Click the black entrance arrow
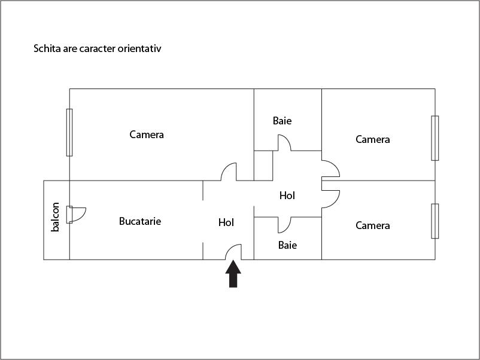click(x=233, y=276)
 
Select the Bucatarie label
click(x=140, y=221)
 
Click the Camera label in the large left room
click(x=147, y=135)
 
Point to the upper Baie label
click(x=282, y=121)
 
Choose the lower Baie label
click(x=287, y=245)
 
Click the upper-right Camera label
click(x=372, y=139)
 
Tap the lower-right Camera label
click(x=372, y=225)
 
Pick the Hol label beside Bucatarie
click(x=226, y=222)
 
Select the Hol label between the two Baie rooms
click(x=287, y=196)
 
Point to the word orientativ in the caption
click(x=140, y=48)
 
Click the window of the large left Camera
click(x=69, y=132)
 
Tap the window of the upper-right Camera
click(x=435, y=138)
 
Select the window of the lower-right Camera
click(x=435, y=221)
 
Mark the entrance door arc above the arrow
click(x=234, y=251)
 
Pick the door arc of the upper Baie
click(x=284, y=142)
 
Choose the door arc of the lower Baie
click(x=284, y=224)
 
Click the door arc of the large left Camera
click(x=229, y=172)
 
